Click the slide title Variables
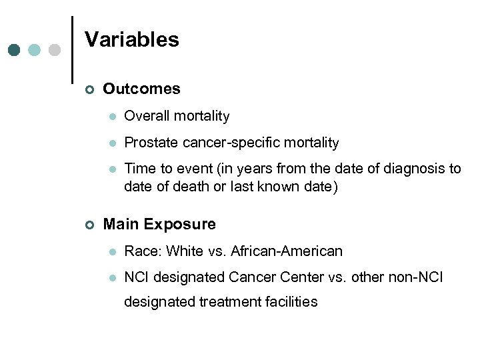[x=132, y=40]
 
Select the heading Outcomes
[x=141, y=89]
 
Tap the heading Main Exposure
[x=159, y=224]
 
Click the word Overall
[x=147, y=116]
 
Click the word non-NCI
[x=418, y=277]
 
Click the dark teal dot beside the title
[x=14, y=50]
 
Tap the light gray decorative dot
[x=55, y=50]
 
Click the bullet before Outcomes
[x=90, y=89]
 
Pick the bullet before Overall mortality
[x=112, y=117]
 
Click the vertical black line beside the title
[x=71, y=50]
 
